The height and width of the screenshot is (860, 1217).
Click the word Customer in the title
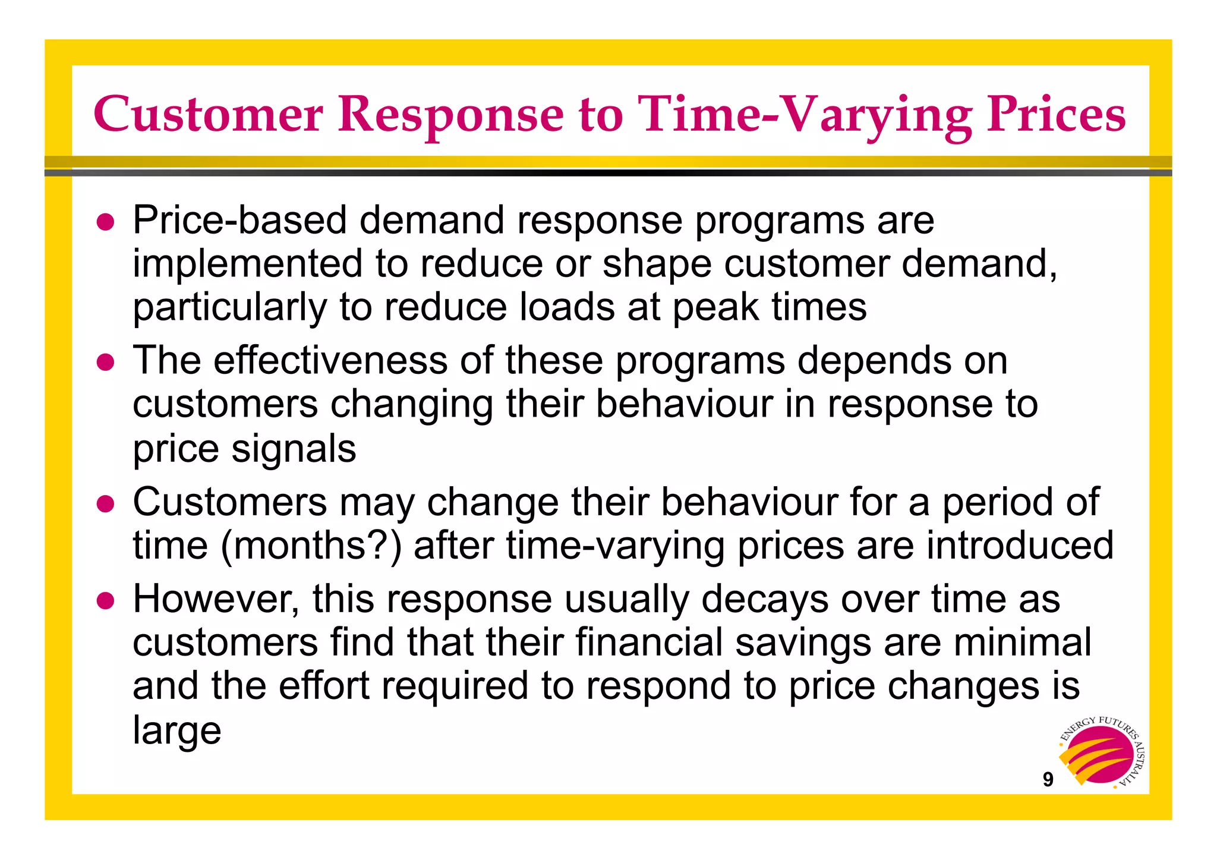pos(208,114)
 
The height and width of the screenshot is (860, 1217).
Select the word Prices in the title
pos(1056,114)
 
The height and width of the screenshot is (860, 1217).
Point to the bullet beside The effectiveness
pos(105,362)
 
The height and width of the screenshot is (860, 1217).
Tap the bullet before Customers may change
pos(105,503)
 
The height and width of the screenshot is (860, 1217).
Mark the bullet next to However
pos(105,600)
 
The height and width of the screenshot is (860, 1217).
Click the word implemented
pos(247,264)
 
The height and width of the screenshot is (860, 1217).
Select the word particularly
pos(229,308)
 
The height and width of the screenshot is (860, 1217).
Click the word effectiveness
pos(330,361)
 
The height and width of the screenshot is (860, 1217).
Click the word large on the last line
pos(176,730)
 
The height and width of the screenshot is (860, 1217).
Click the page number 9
pos(1048,780)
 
